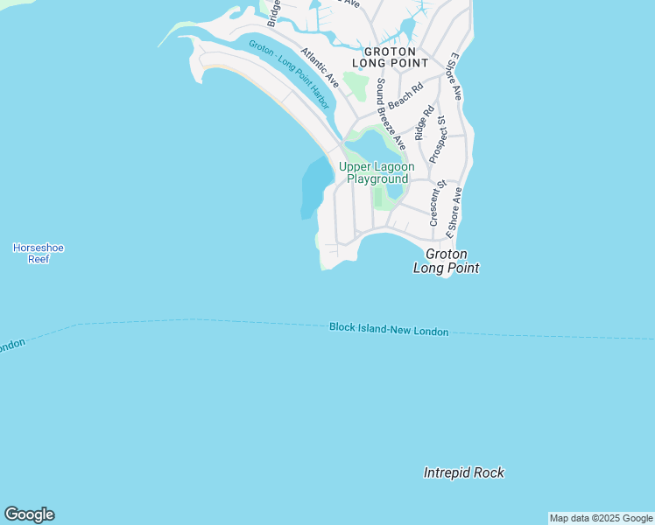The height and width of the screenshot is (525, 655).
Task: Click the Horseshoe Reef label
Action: (x=39, y=253)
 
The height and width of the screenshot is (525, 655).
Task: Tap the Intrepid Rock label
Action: (x=463, y=472)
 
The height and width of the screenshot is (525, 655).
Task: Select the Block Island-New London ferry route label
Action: (x=389, y=330)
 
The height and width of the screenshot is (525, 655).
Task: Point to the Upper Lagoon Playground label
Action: (x=377, y=172)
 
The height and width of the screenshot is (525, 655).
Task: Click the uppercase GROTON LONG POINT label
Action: (x=390, y=58)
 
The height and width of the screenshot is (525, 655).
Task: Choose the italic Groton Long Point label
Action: (x=446, y=261)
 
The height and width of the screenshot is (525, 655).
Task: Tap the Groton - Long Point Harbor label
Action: (x=289, y=74)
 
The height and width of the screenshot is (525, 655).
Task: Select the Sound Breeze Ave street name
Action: (x=390, y=113)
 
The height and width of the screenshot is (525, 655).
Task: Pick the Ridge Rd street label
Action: (x=424, y=123)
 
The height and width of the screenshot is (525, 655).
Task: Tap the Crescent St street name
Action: (x=437, y=202)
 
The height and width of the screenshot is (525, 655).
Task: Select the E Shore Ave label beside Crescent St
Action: (x=454, y=213)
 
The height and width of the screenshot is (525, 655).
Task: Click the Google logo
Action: (x=29, y=514)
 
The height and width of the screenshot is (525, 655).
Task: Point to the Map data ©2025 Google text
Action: (x=601, y=518)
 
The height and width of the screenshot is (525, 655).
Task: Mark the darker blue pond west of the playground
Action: (x=314, y=186)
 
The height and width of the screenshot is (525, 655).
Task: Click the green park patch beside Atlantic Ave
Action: (x=356, y=86)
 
